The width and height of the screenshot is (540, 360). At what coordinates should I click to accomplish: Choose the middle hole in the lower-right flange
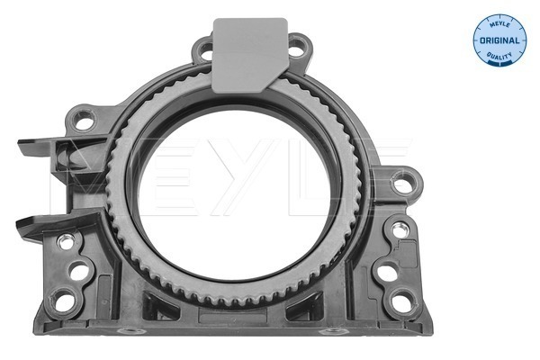387,270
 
